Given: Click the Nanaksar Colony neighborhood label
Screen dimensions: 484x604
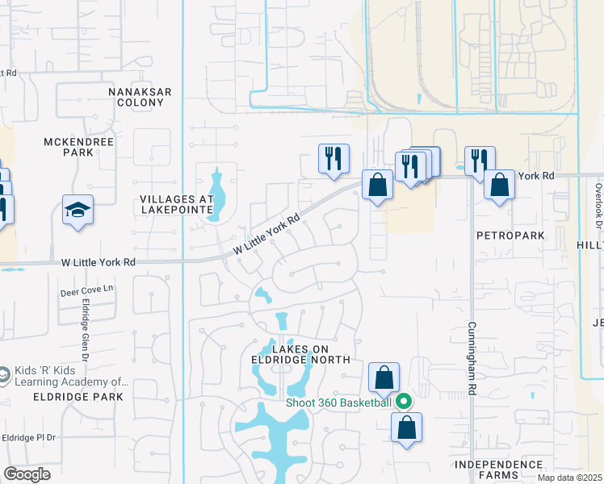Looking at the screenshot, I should coord(140,98).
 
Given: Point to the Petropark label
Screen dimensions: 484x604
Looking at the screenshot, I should coord(510,236).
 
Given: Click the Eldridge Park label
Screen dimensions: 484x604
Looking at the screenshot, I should coord(78,397).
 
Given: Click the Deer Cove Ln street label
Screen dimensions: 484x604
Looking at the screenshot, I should coord(87,289).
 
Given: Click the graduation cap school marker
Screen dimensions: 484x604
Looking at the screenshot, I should coord(78,211).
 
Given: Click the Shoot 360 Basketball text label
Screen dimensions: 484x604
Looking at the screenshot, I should coord(338,403).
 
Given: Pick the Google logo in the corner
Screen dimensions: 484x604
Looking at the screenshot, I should coord(27,474).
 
